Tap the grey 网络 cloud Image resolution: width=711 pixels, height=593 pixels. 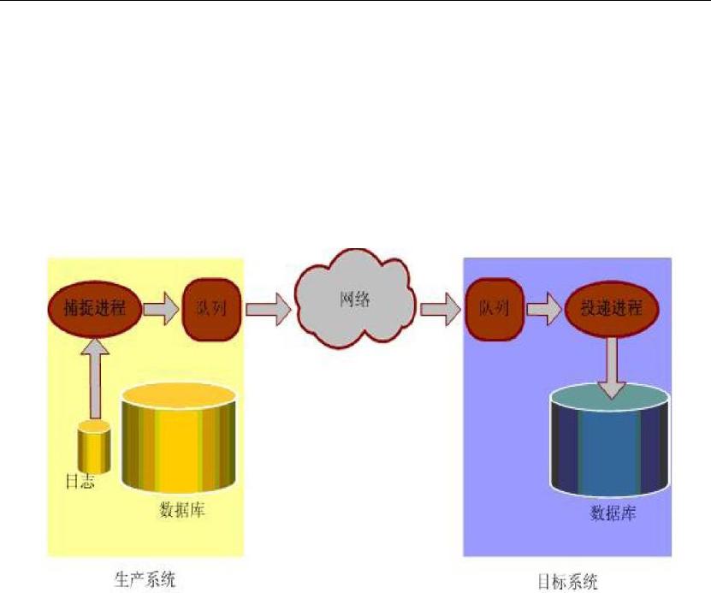click(355, 300)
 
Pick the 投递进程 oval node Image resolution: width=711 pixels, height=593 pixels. click(610, 308)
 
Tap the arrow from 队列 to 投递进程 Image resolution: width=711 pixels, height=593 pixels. click(542, 308)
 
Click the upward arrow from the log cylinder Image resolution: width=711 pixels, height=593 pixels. click(94, 377)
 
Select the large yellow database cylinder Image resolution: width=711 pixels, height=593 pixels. click(179, 441)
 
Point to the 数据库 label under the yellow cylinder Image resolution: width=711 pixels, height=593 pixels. click(182, 511)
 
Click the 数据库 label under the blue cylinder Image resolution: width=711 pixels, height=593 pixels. click(613, 513)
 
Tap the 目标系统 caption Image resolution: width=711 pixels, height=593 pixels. click(567, 581)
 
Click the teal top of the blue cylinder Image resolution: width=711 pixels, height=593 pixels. click(610, 400)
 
